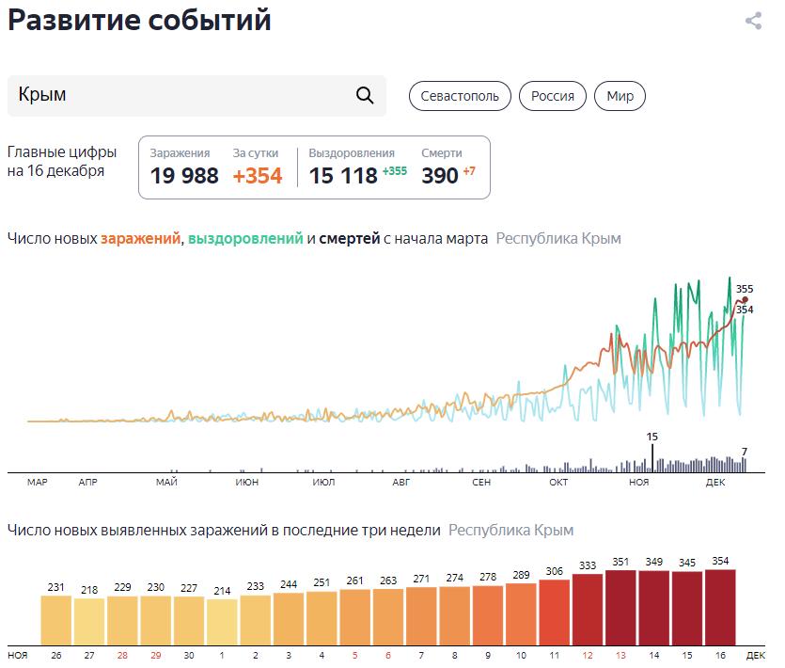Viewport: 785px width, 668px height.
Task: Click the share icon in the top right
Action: click(753, 21)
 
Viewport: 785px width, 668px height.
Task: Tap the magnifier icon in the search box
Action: click(365, 95)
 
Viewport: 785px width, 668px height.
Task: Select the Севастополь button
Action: click(460, 96)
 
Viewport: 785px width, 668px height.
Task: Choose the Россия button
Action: click(553, 96)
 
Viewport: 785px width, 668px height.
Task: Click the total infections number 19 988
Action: click(184, 176)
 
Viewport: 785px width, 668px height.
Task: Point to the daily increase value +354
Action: click(258, 176)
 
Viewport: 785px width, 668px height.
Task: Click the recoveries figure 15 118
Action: click(343, 176)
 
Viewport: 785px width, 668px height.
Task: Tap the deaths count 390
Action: click(439, 176)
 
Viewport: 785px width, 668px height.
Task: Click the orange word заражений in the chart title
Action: click(140, 239)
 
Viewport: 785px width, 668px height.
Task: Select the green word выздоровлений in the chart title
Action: click(245, 239)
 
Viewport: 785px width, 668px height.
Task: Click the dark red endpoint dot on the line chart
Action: click(745, 300)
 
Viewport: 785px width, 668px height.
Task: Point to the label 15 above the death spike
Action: click(652, 437)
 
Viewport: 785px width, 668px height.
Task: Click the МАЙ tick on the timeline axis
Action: click(167, 483)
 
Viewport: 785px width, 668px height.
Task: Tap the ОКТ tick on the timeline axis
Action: click(558, 483)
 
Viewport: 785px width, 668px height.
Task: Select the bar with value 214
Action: click(222, 620)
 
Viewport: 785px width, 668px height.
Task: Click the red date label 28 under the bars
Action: click(122, 654)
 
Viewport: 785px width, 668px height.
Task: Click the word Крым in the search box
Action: click(42, 96)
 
